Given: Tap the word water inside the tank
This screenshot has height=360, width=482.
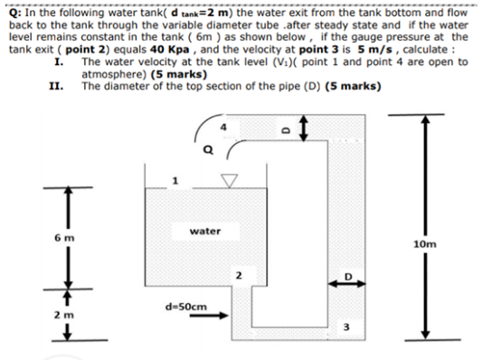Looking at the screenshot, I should pyautogui.click(x=206, y=231).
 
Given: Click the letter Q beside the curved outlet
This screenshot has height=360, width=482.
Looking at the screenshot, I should pyautogui.click(x=207, y=151).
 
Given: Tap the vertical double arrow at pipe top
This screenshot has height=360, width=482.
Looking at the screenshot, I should pyautogui.click(x=307, y=128).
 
